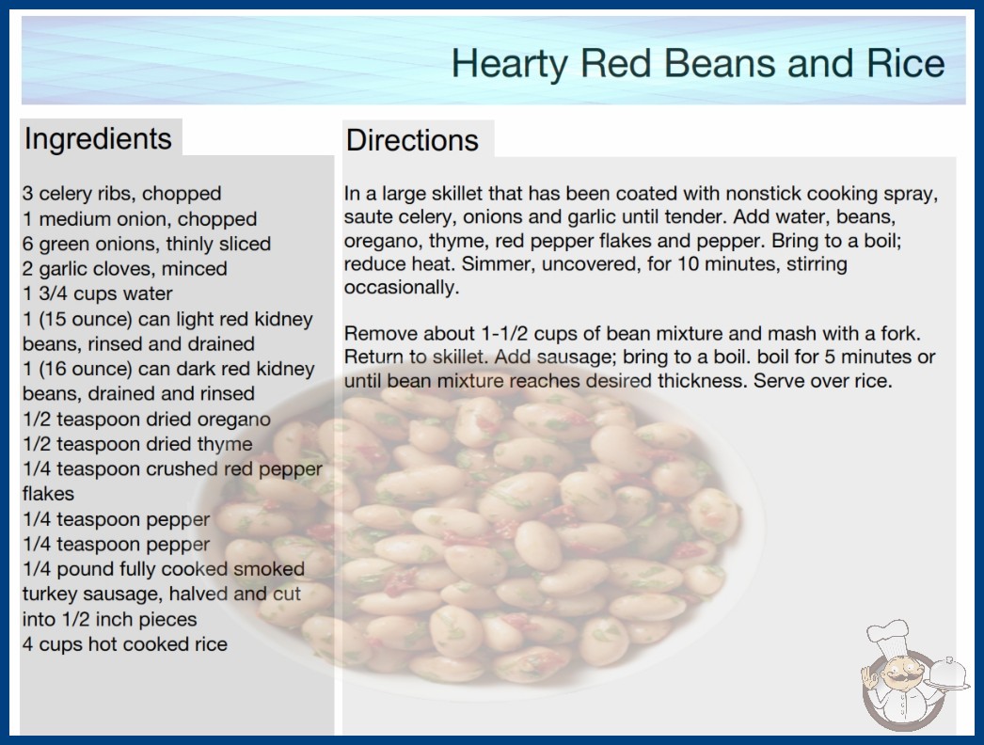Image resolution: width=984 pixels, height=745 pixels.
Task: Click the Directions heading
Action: [x=412, y=140]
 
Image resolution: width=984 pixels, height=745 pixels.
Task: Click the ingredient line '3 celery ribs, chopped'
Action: [x=121, y=194]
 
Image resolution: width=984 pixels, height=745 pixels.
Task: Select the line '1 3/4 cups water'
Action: [x=97, y=293]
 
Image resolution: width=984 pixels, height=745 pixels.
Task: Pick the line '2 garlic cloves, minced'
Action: [x=125, y=269]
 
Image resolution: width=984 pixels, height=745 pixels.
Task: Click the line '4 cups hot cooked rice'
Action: [x=125, y=644]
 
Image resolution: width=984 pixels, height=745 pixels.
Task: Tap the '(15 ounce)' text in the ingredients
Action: [x=86, y=320]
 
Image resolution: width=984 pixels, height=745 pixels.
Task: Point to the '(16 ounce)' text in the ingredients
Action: [x=86, y=369]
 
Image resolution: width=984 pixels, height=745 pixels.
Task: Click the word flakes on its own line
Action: [x=48, y=494]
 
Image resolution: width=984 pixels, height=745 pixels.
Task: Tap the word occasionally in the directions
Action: [x=402, y=288]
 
